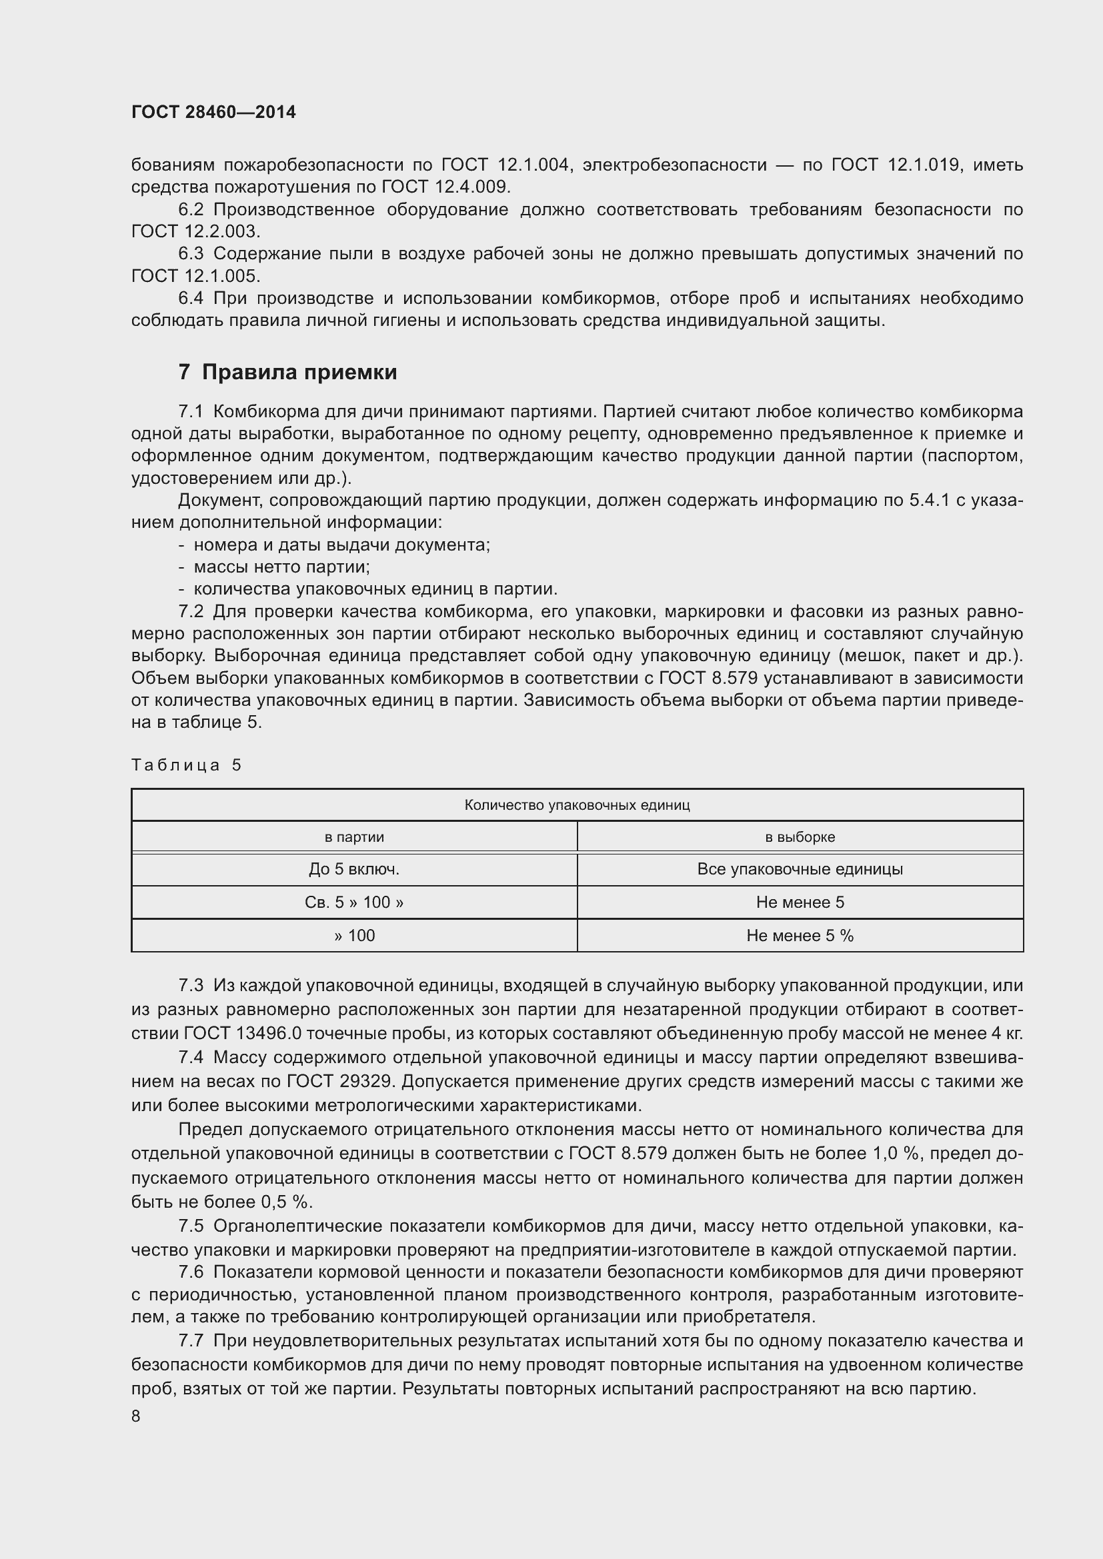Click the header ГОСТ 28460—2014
coord(213,112)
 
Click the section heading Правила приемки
coord(287,372)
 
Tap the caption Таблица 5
coord(186,765)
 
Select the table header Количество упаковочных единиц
coord(577,805)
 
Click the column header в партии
coord(354,837)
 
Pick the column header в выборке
coord(800,837)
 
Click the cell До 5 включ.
coord(354,869)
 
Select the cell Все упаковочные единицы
coord(800,869)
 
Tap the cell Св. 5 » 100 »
coord(354,902)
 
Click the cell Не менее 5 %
coord(800,936)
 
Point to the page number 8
coord(136,1416)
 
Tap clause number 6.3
coord(191,253)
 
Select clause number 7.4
coord(191,1057)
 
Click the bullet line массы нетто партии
coord(281,567)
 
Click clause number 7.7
coord(191,1341)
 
